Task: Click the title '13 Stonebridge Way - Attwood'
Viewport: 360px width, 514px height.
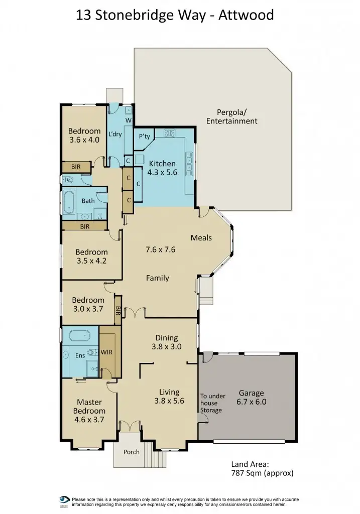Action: coord(175,15)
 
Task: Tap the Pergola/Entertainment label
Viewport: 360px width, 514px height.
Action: coord(231,116)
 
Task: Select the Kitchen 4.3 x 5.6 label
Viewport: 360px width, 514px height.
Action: coord(162,168)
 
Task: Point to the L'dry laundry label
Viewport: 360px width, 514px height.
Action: coord(115,134)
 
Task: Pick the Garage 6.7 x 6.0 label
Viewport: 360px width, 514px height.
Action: coord(251,398)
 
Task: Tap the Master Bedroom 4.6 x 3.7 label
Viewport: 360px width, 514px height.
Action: coord(89,411)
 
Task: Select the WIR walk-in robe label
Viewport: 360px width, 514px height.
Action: coord(106,352)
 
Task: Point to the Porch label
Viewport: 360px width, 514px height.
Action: coord(132,452)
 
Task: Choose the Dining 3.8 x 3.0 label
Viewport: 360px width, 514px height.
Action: coord(166,342)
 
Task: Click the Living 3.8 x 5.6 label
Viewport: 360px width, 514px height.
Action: coord(169,396)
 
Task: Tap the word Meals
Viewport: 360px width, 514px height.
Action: coord(201,237)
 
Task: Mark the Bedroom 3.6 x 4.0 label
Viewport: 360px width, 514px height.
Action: coord(84,136)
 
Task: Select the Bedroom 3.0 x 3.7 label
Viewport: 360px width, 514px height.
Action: coord(87,305)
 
